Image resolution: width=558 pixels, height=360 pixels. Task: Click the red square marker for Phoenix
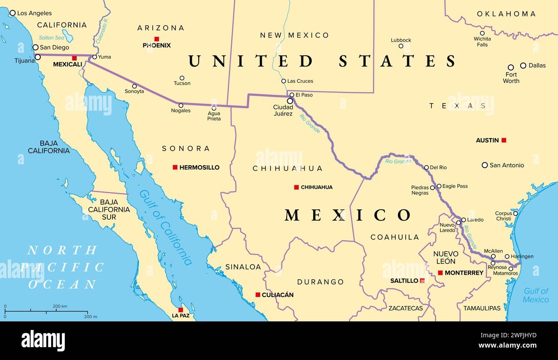coord(157,39)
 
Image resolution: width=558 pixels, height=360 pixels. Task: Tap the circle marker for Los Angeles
coord(12,13)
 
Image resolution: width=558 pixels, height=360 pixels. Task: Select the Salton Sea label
coord(52,38)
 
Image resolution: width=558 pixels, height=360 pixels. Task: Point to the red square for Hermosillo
coord(175,167)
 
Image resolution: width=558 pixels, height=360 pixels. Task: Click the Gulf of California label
coord(165,227)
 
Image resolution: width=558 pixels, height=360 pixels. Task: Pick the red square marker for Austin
coord(504,140)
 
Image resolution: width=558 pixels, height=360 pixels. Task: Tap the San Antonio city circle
coord(485,165)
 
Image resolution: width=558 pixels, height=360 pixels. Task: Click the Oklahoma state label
coord(506,14)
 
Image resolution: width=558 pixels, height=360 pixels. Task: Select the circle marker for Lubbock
coord(401,46)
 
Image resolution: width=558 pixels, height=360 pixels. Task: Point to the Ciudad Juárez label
coord(283,110)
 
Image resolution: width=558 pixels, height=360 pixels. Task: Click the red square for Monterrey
coord(440,273)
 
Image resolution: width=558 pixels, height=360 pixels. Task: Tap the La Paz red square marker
coord(181,310)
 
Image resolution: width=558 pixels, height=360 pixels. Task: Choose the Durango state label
coord(321,282)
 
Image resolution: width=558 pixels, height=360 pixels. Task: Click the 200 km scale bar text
coord(60,306)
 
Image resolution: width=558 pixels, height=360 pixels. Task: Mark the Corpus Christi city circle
coord(515,213)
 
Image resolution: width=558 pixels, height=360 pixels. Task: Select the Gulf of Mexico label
coord(536,295)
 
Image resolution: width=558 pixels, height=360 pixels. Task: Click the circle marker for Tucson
coord(182,78)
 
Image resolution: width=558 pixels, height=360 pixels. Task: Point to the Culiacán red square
coord(258,295)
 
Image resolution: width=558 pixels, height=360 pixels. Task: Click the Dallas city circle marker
coord(523,65)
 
